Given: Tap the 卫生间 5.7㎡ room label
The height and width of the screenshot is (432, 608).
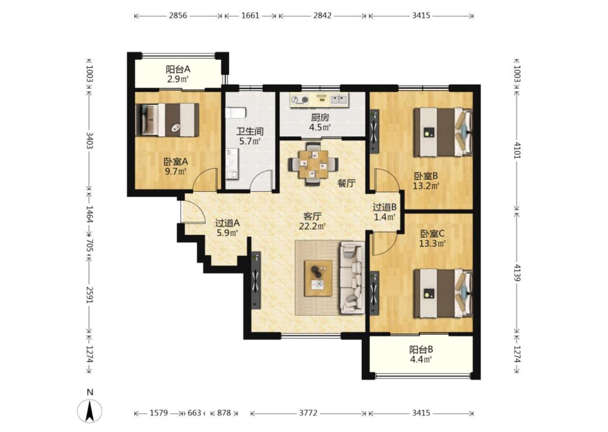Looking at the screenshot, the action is (250, 136).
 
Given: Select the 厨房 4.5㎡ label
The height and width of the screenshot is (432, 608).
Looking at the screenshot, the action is (320, 122).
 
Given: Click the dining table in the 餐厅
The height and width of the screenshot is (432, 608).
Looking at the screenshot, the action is (313, 164).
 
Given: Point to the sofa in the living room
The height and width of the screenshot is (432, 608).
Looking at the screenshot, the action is (352, 278).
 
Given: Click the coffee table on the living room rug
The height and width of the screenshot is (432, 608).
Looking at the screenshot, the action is (318, 278).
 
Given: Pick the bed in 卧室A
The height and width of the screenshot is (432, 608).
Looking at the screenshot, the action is (167, 120).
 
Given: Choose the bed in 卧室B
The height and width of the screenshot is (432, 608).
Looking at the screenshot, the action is (443, 132).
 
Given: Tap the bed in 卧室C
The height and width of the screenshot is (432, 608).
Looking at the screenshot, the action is (443, 294).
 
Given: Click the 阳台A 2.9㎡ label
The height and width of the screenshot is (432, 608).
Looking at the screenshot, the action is (178, 74).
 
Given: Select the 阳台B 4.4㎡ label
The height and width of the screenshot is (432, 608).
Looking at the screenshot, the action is (421, 354).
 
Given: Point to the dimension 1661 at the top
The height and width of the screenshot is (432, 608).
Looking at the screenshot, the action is (250, 16).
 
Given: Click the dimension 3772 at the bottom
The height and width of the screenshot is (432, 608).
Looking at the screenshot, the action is (308, 413).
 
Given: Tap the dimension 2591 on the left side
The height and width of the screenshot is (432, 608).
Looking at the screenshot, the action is (90, 295).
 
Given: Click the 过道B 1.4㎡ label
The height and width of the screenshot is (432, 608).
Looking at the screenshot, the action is (385, 212).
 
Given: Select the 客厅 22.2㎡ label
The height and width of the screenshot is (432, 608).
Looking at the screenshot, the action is (312, 221).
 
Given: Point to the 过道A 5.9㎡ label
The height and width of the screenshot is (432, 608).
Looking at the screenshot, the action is (227, 228).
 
